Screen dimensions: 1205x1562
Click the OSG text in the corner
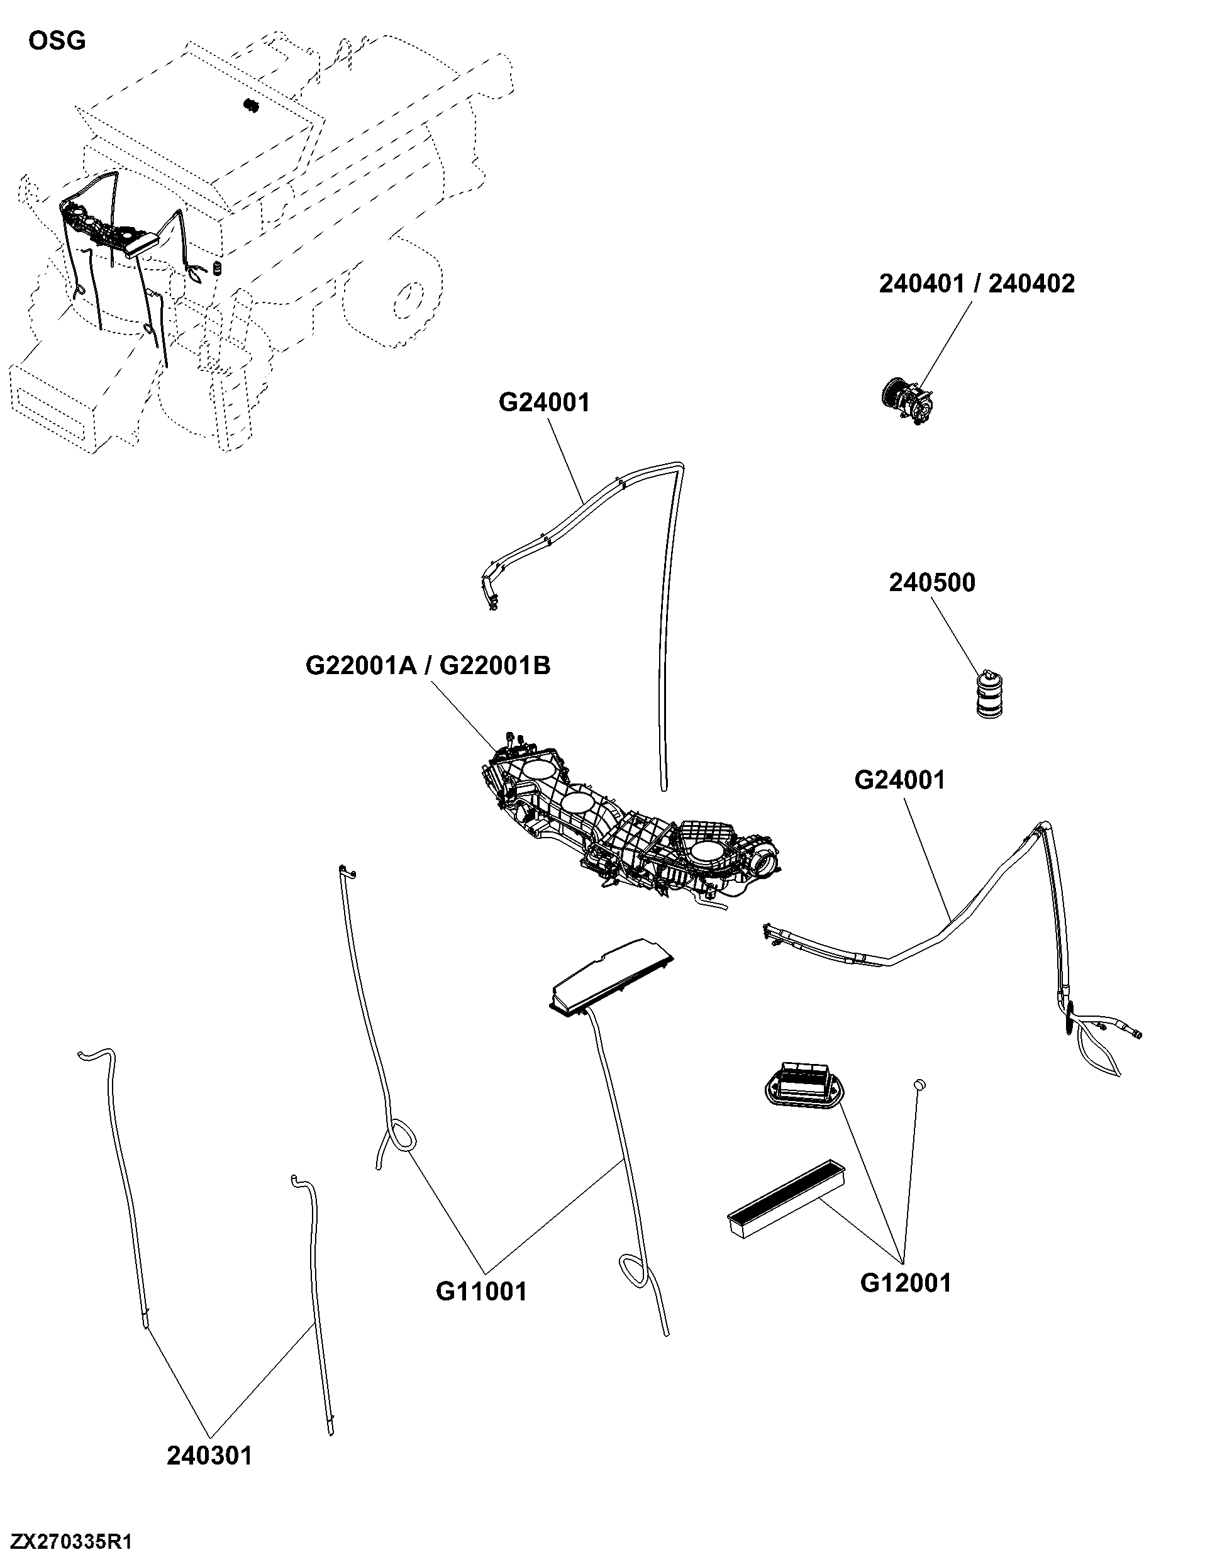click(x=57, y=41)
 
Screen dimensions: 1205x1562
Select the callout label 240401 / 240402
click(x=976, y=284)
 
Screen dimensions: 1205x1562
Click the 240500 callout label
click(x=932, y=583)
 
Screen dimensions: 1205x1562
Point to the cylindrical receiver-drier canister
click(x=989, y=693)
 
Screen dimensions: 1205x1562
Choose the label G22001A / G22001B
click(x=428, y=666)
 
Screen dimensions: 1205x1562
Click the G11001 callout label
click(x=481, y=1292)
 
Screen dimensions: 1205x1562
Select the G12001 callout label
click(x=906, y=1283)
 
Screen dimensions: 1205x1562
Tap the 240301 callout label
click(x=209, y=1456)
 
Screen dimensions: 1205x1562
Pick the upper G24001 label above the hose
click(x=544, y=402)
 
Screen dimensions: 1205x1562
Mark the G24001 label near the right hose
click(x=899, y=780)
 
